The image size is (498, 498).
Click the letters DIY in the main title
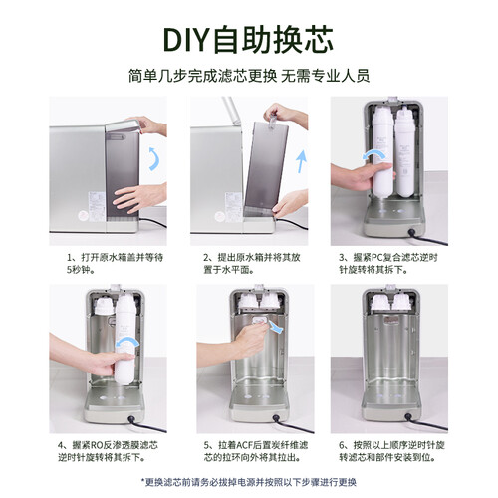click(x=187, y=40)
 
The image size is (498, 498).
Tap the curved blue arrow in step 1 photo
click(x=155, y=159)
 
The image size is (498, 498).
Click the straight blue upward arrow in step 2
click(x=302, y=161)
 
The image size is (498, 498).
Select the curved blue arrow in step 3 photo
click(x=374, y=153)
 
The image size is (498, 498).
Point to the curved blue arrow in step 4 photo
click(x=126, y=342)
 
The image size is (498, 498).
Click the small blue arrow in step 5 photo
click(x=276, y=326)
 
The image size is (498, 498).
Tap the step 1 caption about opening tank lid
click(x=115, y=263)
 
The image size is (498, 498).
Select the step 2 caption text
click(x=252, y=263)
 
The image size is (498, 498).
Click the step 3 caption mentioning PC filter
click(x=388, y=263)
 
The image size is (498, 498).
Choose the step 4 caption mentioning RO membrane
click(x=108, y=451)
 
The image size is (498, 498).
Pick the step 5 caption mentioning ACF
click(x=256, y=451)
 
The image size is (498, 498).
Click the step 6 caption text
click(x=391, y=451)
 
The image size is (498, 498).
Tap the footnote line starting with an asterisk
click(x=249, y=482)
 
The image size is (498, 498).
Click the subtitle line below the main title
click(x=249, y=76)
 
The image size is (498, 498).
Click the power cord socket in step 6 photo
click(x=409, y=416)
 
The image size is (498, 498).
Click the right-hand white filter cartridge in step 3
click(x=404, y=151)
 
